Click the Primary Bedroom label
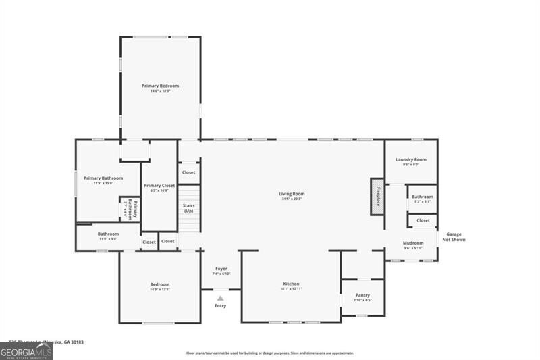tap(160, 86)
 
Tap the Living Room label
tap(292, 195)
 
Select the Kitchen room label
tap(291, 284)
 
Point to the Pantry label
tap(362, 295)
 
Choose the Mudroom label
tap(413, 243)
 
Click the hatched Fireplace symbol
tap(377, 197)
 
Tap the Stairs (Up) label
tap(189, 208)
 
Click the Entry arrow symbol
tap(221, 297)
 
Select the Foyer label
tap(221, 269)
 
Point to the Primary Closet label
tap(159, 186)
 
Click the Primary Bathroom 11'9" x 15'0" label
tap(99, 179)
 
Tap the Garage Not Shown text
tap(454, 237)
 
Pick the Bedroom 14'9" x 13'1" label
tap(160, 285)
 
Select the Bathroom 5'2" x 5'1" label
tap(423, 197)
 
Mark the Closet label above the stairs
tap(189, 172)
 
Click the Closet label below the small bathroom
tap(423, 220)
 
